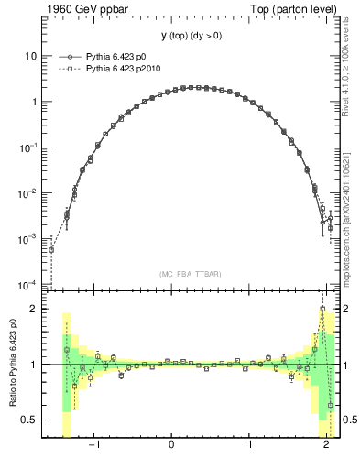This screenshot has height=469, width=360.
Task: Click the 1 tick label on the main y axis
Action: click(32, 102)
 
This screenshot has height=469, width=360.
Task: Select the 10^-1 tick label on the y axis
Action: click(27, 147)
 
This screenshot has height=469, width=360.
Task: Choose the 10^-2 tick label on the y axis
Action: click(27, 192)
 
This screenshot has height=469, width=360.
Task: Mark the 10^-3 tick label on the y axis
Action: click(27, 238)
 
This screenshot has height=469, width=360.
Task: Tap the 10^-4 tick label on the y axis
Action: click(27, 283)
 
